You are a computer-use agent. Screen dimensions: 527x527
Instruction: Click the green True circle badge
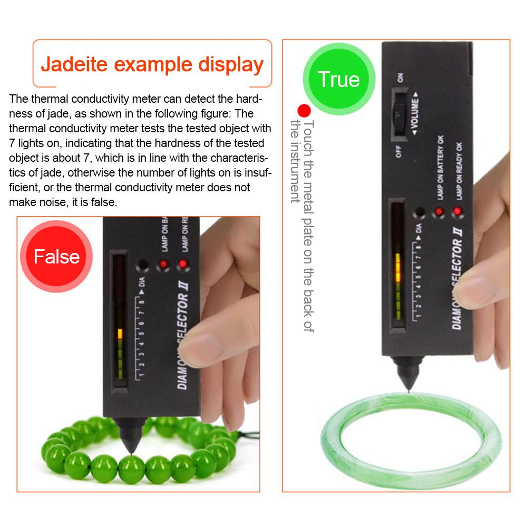[339, 79]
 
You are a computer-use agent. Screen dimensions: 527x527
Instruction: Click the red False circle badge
[56, 257]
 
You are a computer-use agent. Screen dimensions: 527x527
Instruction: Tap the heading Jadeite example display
[152, 64]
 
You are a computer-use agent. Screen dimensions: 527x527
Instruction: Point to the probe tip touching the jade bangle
[407, 393]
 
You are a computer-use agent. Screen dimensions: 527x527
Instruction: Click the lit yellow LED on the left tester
[120, 334]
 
